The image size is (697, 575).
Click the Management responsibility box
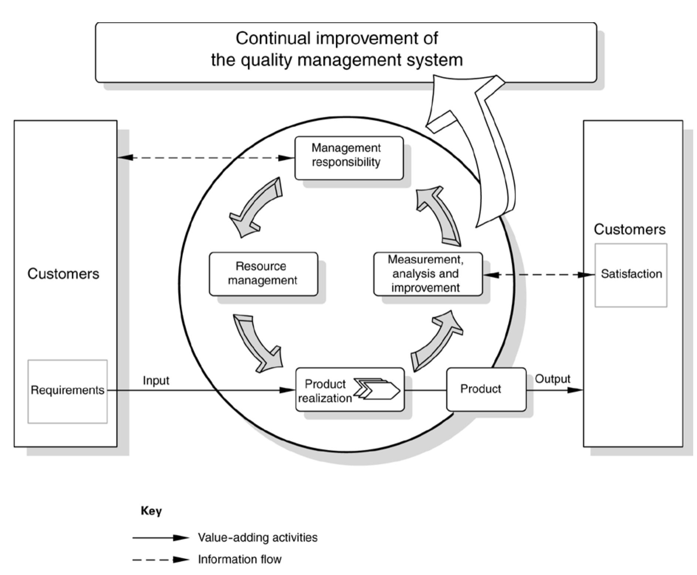coord(349,158)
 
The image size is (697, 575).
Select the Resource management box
coord(263,274)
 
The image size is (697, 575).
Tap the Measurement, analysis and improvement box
coord(428,274)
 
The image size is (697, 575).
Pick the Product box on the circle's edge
coord(486,389)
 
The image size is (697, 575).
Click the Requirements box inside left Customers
coord(67,391)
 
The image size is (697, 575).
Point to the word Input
coord(156,381)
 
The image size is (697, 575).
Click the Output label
coord(552,379)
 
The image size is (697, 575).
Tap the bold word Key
coord(151,511)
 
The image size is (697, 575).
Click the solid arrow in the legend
coord(160,538)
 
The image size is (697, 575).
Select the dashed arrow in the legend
coord(160,559)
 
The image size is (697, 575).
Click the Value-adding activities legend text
coord(257,538)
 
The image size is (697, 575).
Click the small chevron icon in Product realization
coord(377,389)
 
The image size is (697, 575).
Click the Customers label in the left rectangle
coord(63,274)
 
